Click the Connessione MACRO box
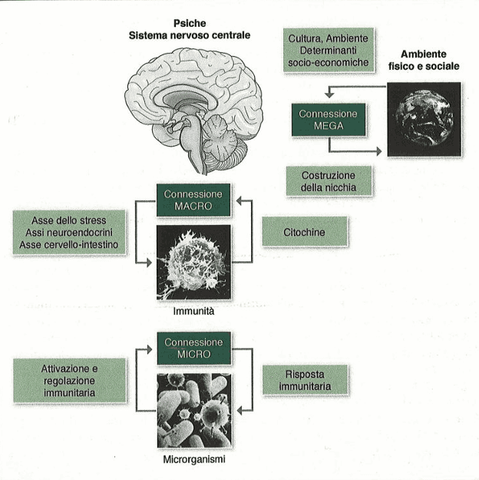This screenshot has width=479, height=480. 193,200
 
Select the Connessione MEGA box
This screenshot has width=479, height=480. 329,120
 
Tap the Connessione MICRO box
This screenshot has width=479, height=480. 193,349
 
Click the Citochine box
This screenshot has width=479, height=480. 305,231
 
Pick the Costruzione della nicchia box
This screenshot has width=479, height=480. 329,181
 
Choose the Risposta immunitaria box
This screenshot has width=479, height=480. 306,380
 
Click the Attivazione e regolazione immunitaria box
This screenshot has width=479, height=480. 70,380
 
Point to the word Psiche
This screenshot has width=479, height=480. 190,23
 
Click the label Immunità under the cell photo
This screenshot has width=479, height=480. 193,311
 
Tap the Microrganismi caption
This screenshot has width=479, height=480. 194,459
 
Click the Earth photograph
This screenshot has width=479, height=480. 424,119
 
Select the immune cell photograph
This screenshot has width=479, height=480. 193,263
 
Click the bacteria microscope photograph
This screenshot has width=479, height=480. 194,411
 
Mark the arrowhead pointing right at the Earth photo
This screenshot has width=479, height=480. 379,151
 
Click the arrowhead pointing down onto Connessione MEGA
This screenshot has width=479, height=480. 329,95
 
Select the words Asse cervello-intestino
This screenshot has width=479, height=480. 69,244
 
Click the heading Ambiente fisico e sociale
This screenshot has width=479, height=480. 424,60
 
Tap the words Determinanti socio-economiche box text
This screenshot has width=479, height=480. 329,56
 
